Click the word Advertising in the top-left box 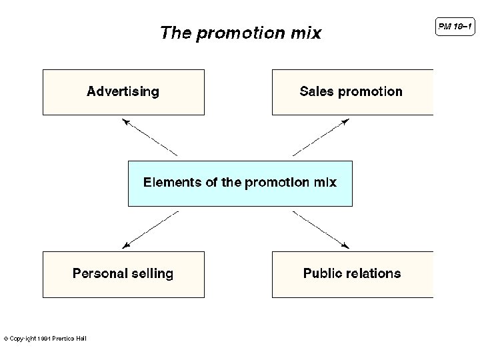(x=123, y=91)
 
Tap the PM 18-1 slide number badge (x=455, y=27)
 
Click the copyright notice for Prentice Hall (x=45, y=339)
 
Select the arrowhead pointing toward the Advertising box (x=125, y=121)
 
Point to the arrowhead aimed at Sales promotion (x=345, y=121)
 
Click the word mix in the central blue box (x=324, y=181)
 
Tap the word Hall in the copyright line (x=80, y=339)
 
